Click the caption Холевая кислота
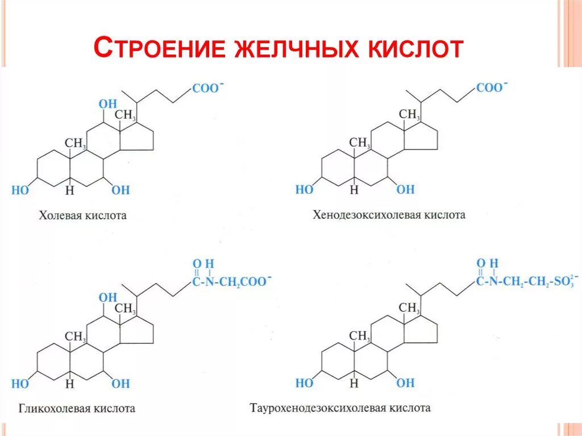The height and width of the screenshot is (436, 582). (82, 216)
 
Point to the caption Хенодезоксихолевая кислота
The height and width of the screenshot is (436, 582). (389, 215)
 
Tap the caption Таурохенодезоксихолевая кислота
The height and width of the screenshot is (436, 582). (340, 408)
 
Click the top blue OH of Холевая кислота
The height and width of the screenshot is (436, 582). (108, 104)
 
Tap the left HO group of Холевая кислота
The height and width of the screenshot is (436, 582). (20, 190)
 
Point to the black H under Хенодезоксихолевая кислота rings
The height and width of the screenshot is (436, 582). (354, 190)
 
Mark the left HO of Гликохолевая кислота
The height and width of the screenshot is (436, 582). (20, 384)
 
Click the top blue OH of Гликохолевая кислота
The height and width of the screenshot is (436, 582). (108, 297)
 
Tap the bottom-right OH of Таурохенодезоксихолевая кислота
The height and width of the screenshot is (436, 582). (405, 383)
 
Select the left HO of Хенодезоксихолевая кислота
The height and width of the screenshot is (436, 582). (304, 190)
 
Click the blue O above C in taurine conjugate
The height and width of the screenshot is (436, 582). (480, 263)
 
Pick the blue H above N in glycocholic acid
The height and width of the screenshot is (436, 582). (209, 264)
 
